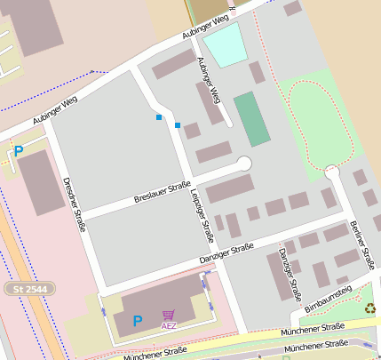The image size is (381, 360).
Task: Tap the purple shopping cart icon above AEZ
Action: [x=168, y=315]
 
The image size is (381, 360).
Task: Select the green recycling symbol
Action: [x=369, y=308]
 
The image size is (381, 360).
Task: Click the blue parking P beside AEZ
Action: [x=137, y=321]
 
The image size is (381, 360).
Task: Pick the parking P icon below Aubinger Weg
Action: [x=18, y=153]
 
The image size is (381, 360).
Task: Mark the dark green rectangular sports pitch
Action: [x=251, y=118]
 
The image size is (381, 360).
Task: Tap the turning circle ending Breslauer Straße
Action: [x=243, y=164]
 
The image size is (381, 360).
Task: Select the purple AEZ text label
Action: [x=168, y=326]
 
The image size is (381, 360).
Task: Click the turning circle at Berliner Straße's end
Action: [x=333, y=172]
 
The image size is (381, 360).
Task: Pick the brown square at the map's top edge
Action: [x=208, y=10]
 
